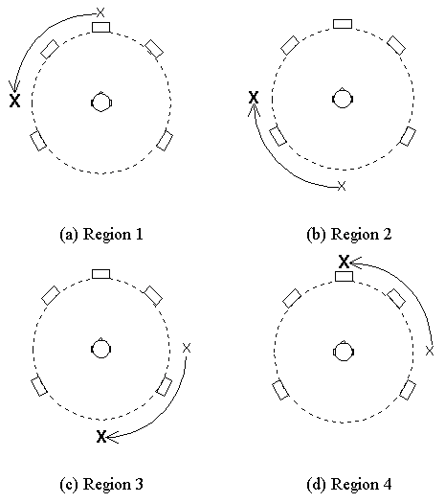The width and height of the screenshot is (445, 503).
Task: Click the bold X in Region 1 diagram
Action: click(14, 101)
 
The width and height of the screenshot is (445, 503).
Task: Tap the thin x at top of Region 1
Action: click(100, 12)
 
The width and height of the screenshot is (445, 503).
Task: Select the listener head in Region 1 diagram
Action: click(101, 103)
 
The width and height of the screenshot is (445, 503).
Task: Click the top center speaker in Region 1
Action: click(100, 27)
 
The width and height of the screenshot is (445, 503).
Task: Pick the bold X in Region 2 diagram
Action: click(254, 97)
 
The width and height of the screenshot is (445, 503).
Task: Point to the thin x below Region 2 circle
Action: click(342, 186)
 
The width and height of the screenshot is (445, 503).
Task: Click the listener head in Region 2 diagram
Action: click(343, 98)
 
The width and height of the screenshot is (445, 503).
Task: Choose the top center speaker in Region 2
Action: click(343, 24)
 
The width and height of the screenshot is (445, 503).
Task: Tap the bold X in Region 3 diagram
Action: click(101, 436)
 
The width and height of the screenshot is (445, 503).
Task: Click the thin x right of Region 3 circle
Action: click(187, 348)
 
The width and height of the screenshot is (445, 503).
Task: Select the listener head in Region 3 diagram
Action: click(101, 349)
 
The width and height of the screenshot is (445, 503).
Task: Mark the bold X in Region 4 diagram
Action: click(344, 262)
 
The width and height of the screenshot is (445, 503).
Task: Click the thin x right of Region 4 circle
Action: click(430, 351)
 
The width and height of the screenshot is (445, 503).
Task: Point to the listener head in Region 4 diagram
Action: click(344, 352)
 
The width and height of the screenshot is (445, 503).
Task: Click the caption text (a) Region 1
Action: click(101, 235)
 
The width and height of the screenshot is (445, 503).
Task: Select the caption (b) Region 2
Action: click(349, 235)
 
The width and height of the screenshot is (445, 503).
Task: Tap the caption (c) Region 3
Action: click(101, 484)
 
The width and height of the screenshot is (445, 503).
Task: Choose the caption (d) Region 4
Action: click(349, 484)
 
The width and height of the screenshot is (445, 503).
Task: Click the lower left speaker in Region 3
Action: click(39, 386)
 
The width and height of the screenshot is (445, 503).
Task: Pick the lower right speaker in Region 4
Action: click(408, 390)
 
